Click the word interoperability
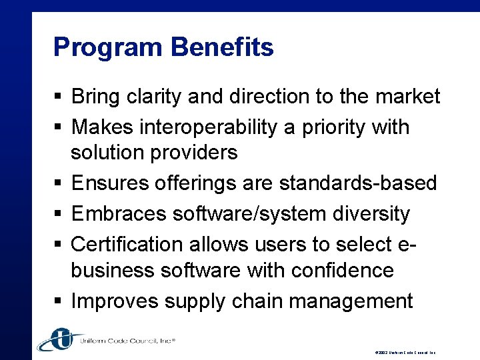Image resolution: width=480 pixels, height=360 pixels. click(x=199, y=127)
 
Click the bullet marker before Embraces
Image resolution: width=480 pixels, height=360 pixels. click(x=58, y=215)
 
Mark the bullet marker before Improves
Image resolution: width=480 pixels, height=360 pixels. click(x=58, y=301)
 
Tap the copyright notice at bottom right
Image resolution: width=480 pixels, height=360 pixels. click(x=407, y=352)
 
